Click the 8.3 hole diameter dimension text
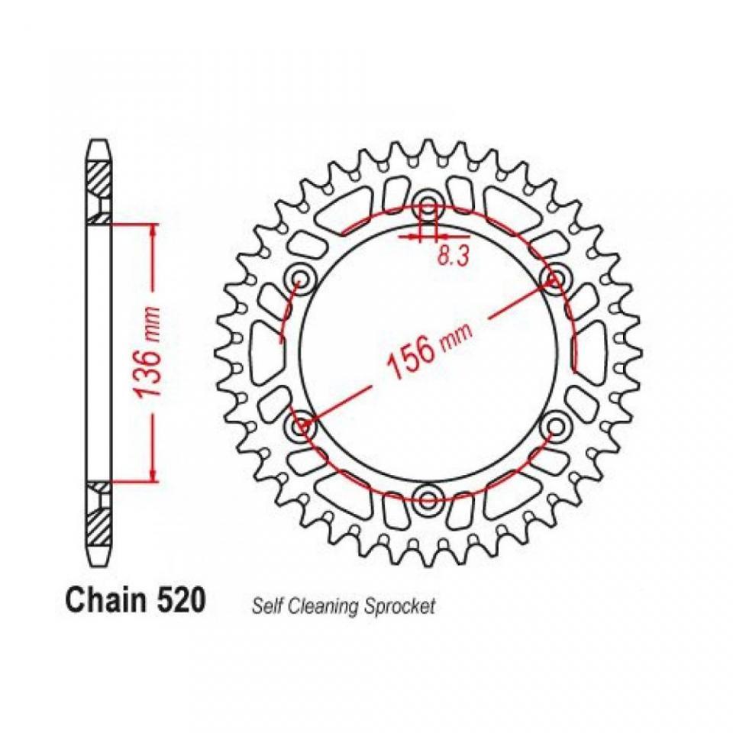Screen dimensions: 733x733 click(x=453, y=257)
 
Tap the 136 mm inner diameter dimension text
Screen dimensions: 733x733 click(x=150, y=351)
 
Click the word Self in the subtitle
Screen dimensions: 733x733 click(x=268, y=605)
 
